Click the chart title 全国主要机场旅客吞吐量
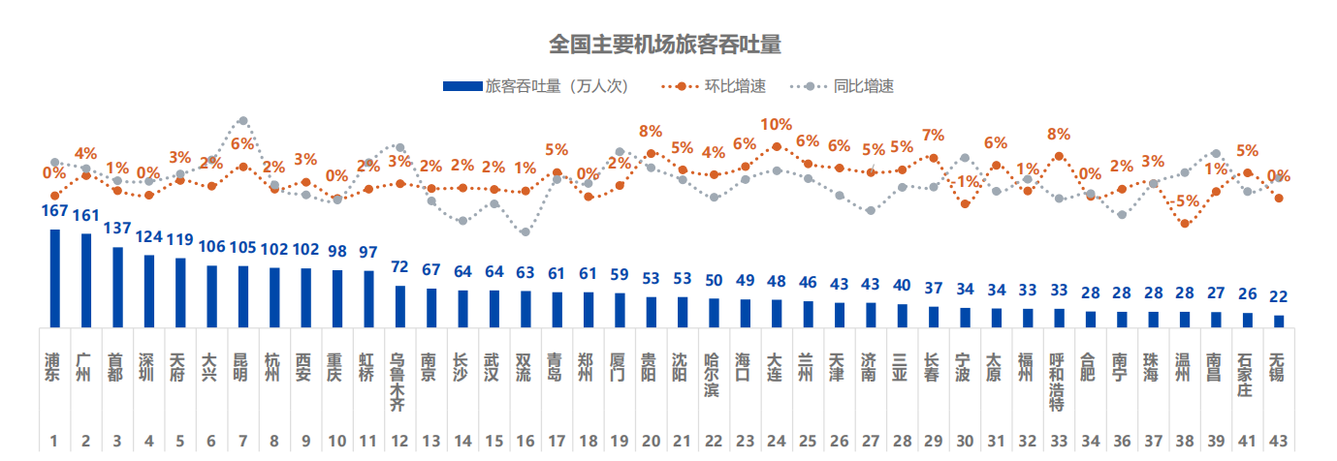click(664, 44)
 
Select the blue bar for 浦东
click(54, 279)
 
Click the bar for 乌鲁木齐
click(399, 306)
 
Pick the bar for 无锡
click(1279, 321)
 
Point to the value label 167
click(54, 212)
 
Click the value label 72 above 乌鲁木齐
click(399, 267)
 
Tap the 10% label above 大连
click(776, 125)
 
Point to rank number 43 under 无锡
click(1278, 441)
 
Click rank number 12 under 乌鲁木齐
click(399, 441)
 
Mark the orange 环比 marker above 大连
click(776, 146)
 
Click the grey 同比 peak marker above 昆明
click(242, 121)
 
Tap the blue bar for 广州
click(85, 281)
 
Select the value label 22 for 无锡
click(1279, 296)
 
